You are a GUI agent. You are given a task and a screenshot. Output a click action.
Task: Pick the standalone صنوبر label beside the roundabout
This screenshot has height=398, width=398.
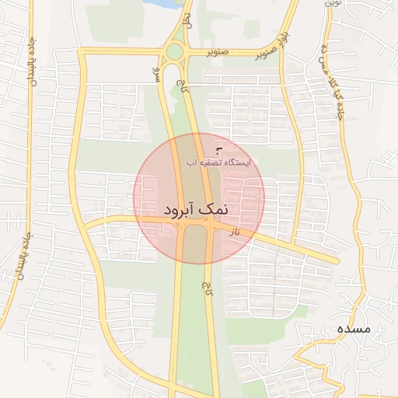218,53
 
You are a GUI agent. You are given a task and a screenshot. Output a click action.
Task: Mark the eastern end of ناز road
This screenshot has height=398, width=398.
336,260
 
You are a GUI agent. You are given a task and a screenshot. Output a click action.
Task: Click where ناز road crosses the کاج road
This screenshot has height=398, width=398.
210,226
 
